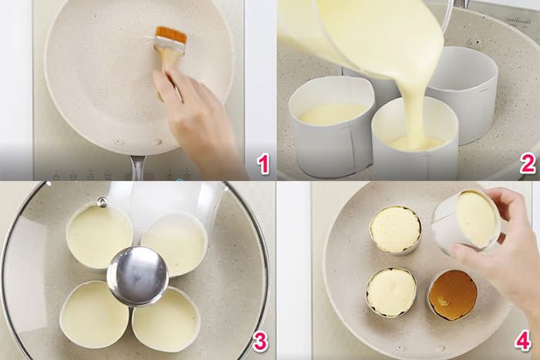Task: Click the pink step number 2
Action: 528,163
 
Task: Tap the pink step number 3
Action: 261,341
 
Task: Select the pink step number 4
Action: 523,341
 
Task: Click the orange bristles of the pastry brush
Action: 171,35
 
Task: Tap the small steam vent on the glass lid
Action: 101,202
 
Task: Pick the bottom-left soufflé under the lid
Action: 94,315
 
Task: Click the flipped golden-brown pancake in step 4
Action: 452,294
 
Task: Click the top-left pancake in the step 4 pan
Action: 394,229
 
